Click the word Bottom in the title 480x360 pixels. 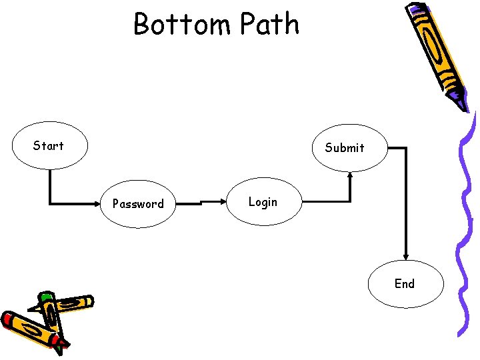(182, 25)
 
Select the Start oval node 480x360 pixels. (49, 146)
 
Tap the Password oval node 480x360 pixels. (138, 203)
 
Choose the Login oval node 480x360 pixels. (263, 201)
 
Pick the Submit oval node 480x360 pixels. (345, 148)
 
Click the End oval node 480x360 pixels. (405, 284)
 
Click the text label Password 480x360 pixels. (138, 204)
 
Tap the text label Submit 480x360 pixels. (345, 148)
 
